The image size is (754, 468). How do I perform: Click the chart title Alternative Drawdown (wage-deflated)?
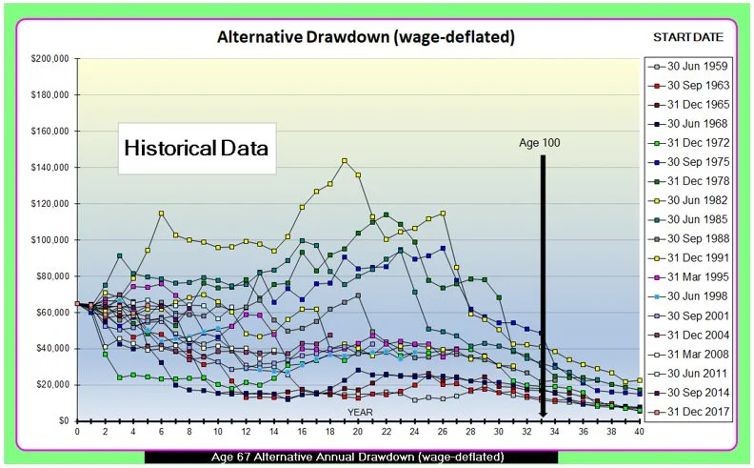tap(367, 38)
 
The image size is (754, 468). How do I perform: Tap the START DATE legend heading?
tap(687, 37)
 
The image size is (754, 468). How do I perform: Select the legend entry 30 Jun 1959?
tap(690, 67)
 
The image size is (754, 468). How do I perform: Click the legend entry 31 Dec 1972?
tap(690, 142)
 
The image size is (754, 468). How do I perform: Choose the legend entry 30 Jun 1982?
tap(690, 199)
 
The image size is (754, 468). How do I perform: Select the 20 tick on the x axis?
tap(358, 431)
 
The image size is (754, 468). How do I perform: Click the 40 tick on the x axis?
tap(639, 431)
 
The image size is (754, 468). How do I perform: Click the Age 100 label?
tap(541, 143)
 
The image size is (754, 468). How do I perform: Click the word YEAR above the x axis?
tap(359, 413)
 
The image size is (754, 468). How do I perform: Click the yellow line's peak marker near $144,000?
tap(344, 160)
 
